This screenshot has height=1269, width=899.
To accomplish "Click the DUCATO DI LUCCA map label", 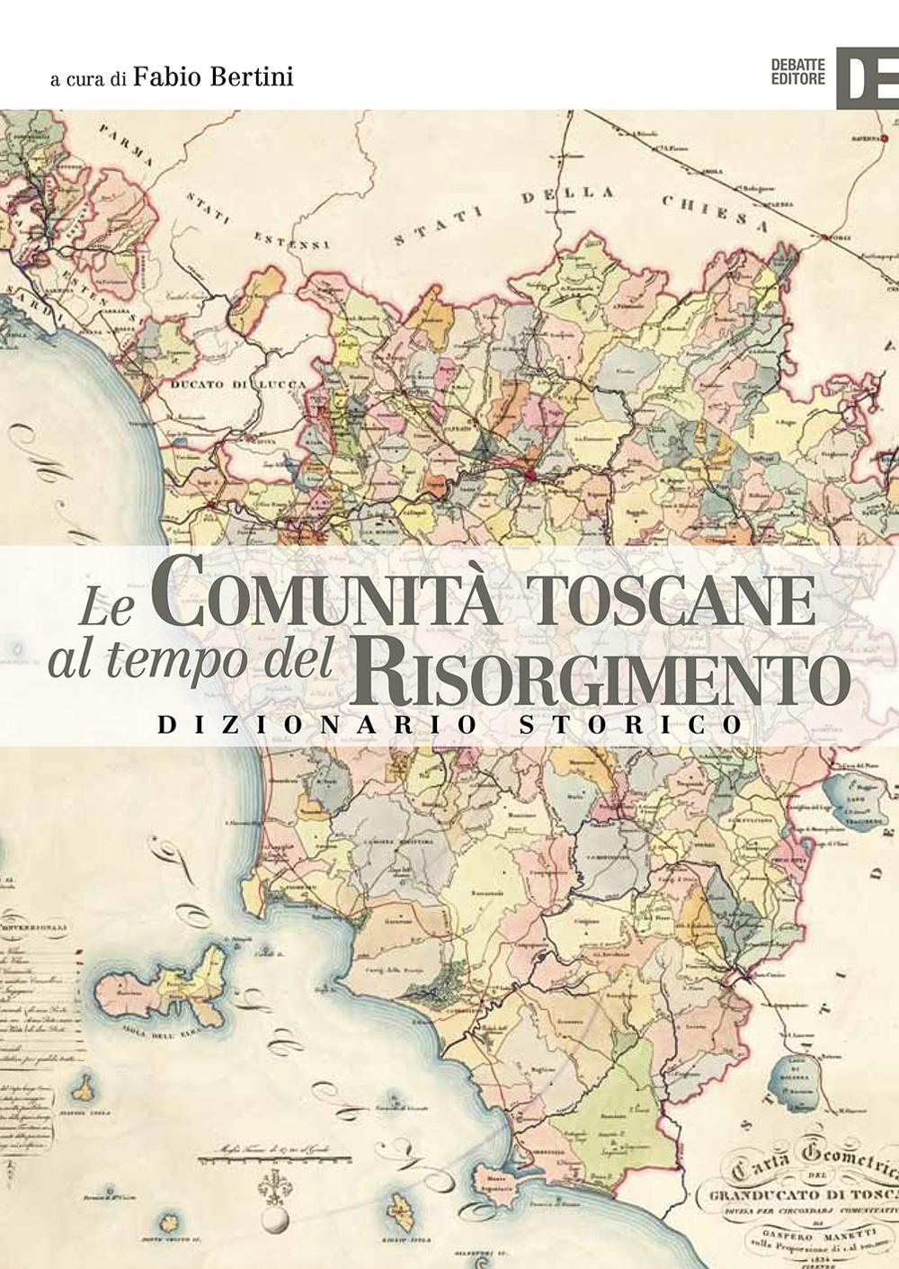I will [x=237, y=384].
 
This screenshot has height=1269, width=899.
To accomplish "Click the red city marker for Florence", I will [x=530, y=474].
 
